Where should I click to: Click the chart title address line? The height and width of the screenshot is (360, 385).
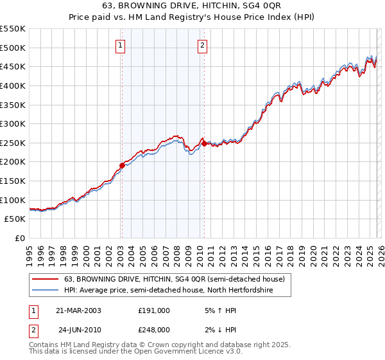193,7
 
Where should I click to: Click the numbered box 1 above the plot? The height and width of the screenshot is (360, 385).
121,45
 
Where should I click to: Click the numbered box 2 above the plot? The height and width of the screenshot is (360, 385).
202,45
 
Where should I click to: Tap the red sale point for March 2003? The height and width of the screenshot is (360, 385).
122,165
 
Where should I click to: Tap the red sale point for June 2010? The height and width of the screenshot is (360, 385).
204,144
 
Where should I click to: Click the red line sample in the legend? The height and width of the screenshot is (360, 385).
46,279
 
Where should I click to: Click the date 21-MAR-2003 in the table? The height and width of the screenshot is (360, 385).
78,310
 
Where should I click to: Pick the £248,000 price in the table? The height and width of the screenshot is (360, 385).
154,330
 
